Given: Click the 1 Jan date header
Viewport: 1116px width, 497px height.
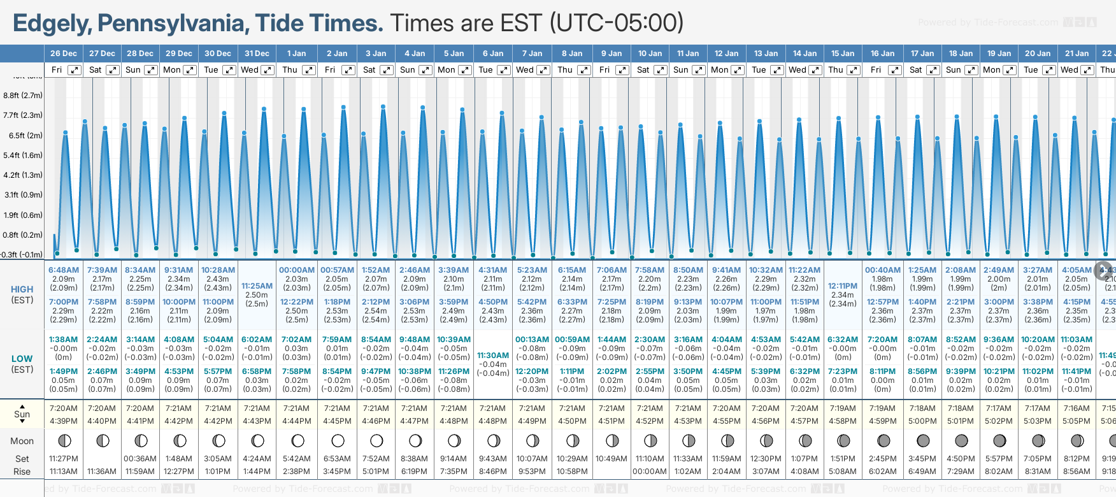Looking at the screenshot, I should (296, 54).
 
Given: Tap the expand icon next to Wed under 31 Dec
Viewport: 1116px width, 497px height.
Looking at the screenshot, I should (268, 70).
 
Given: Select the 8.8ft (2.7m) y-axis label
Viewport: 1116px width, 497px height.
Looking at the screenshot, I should (23, 96).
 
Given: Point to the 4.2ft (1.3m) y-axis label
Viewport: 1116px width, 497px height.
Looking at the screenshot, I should (23, 175).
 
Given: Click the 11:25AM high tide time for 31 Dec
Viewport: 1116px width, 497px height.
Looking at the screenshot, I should (257, 286).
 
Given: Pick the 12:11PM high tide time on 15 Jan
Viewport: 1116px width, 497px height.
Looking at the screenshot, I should (842, 286).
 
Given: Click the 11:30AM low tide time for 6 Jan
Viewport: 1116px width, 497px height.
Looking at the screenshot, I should (493, 356).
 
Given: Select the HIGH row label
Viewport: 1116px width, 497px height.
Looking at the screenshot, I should (22, 289).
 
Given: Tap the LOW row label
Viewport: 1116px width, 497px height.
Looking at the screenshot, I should (22, 359).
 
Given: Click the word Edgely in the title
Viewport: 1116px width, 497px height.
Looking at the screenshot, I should (52, 24).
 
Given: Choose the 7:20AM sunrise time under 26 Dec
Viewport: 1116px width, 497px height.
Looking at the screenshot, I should (63, 408).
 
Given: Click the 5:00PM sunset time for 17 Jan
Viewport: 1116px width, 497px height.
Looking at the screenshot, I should (922, 421).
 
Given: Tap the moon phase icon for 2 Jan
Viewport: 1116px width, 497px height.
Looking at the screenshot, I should (338, 440).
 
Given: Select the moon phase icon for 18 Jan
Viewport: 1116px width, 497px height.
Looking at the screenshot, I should (961, 440).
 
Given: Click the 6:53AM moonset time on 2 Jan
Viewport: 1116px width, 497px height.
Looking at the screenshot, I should (337, 459).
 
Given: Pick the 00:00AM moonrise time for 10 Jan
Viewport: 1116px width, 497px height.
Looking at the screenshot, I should (650, 472).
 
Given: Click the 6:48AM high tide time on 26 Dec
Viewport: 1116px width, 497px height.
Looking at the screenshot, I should (64, 270).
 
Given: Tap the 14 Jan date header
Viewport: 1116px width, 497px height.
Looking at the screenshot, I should (806, 54).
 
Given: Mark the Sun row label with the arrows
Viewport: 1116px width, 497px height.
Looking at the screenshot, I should (22, 414).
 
